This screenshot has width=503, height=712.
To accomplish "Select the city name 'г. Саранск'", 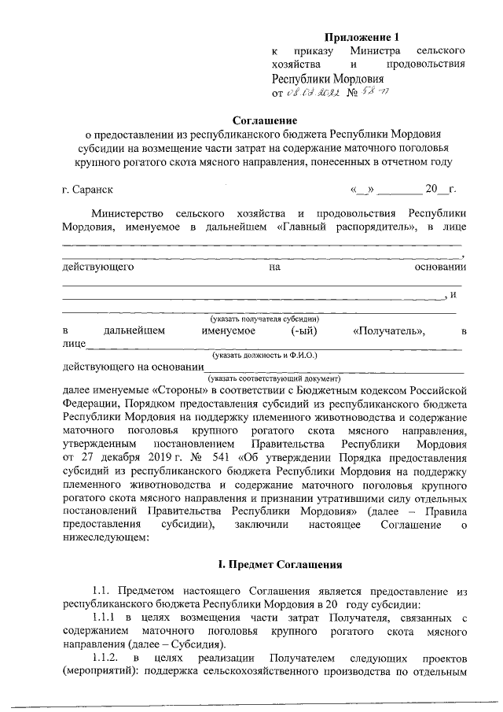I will (87, 190).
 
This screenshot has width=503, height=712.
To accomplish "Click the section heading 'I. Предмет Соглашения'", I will (279, 564).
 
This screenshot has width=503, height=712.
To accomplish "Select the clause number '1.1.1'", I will (105, 618).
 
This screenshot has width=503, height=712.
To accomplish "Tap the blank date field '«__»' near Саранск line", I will (363, 190).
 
